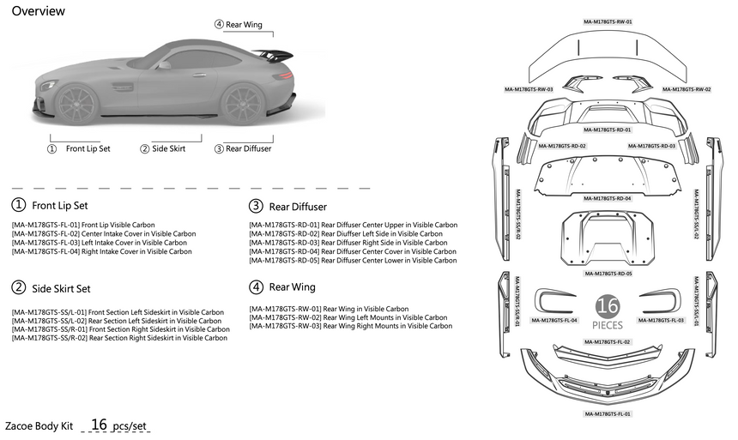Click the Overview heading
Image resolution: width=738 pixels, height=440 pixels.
[x=39, y=11]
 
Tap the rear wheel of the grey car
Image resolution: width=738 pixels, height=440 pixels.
[x=241, y=103]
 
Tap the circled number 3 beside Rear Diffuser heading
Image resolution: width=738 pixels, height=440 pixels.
[x=256, y=206]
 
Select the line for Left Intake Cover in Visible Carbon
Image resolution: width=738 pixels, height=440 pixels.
[x=102, y=243]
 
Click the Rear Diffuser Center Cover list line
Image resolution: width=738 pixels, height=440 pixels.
[x=353, y=251]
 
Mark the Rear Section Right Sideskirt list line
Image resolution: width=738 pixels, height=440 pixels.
[x=120, y=338]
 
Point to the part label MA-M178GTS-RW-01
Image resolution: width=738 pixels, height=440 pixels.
[x=608, y=21]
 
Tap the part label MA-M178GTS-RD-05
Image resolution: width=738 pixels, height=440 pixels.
[x=608, y=274]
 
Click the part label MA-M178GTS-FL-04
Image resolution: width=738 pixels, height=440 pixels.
[x=553, y=320]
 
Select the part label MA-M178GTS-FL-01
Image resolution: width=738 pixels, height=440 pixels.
[x=608, y=413]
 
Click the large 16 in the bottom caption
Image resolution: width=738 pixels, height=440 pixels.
[x=100, y=424]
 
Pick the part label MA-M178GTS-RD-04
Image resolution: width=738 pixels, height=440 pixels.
[x=608, y=198]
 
